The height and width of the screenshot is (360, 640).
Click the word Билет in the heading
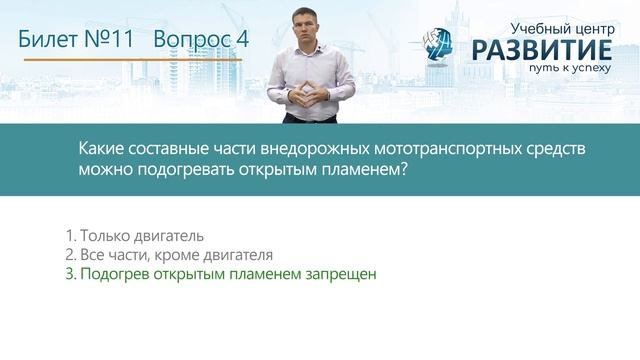51,40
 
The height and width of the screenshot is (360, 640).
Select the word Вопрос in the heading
191,40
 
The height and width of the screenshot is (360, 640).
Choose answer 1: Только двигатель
134,236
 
